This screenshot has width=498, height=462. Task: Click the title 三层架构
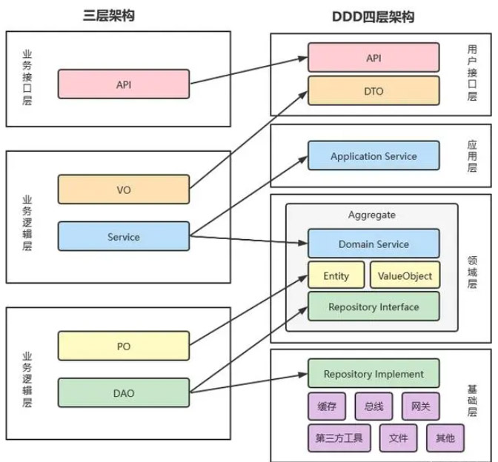[x=110, y=16]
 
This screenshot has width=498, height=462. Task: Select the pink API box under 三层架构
[x=123, y=84]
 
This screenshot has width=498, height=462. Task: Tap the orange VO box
[x=123, y=190]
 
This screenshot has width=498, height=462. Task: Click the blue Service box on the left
[x=123, y=237]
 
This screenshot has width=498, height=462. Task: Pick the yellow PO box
[x=123, y=346]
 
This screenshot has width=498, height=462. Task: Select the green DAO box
[x=123, y=393]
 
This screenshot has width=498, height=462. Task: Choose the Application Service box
[x=373, y=157]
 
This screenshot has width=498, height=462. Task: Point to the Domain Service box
[x=373, y=244]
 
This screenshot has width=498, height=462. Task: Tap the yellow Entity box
[x=336, y=276]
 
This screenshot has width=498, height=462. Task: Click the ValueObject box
[x=405, y=276]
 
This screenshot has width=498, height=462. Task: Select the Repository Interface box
[x=373, y=307]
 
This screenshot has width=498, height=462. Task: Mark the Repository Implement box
[x=373, y=374]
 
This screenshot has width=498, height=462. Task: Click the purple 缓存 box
[x=327, y=406]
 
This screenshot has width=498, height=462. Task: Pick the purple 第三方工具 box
[x=339, y=438]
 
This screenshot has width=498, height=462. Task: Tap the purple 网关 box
[x=420, y=406]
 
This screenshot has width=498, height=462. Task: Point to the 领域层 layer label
[x=473, y=272]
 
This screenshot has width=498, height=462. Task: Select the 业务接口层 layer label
[x=27, y=78]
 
